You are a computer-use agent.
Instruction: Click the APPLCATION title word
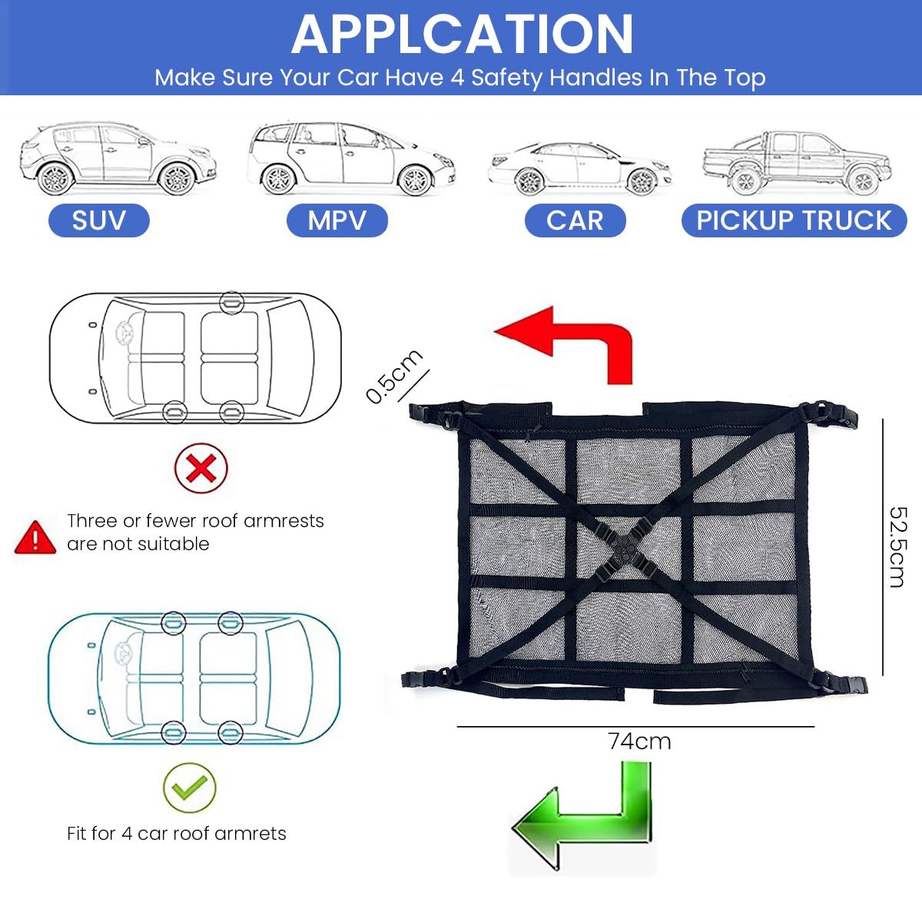[462, 35]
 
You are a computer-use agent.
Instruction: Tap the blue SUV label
[98, 221]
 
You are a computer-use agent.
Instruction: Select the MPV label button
[337, 221]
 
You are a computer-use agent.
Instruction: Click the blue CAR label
[575, 221]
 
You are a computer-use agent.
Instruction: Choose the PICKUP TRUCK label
[794, 221]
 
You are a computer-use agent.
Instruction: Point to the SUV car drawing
[118, 158]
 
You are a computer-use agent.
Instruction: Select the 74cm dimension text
[639, 741]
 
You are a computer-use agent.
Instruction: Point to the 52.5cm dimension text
[897, 546]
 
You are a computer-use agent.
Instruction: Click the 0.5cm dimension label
[393, 376]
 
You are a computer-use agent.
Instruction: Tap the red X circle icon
[201, 468]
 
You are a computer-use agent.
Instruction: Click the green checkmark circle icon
[189, 788]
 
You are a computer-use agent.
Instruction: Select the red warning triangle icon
[35, 537]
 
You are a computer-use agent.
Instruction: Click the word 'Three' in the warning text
[91, 521]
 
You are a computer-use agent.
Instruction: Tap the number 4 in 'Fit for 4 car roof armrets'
[127, 834]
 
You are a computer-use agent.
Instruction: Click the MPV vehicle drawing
[351, 158]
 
